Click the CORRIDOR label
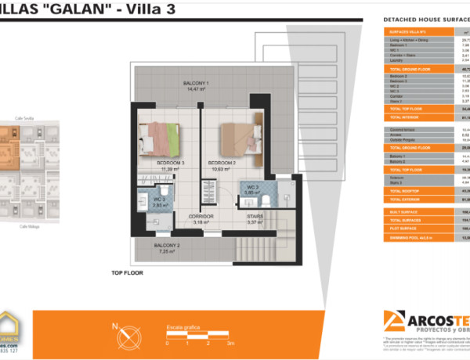click(202, 217)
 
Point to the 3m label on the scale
click(230, 343)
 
